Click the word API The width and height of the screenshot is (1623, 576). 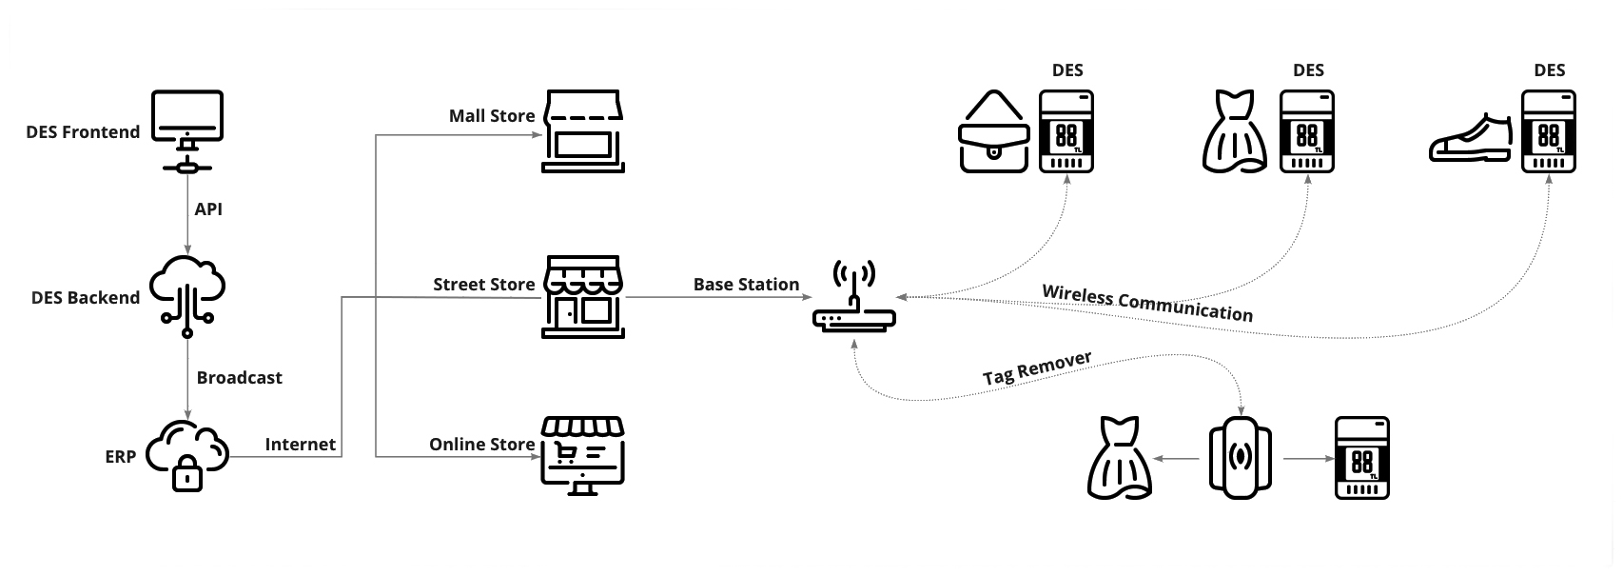208,209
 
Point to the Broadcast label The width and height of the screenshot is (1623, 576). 239,377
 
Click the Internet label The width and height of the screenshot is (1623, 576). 300,444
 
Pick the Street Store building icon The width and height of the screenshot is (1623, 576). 583,296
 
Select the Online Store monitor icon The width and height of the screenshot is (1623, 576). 582,455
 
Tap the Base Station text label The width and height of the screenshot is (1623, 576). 746,284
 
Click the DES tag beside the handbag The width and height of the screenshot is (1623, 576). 1066,131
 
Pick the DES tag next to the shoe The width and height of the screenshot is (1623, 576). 1549,131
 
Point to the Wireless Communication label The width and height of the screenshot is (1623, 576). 1147,303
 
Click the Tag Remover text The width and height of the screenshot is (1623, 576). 1037,367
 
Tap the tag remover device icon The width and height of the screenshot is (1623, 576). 1241,458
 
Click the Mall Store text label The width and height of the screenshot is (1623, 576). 492,116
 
